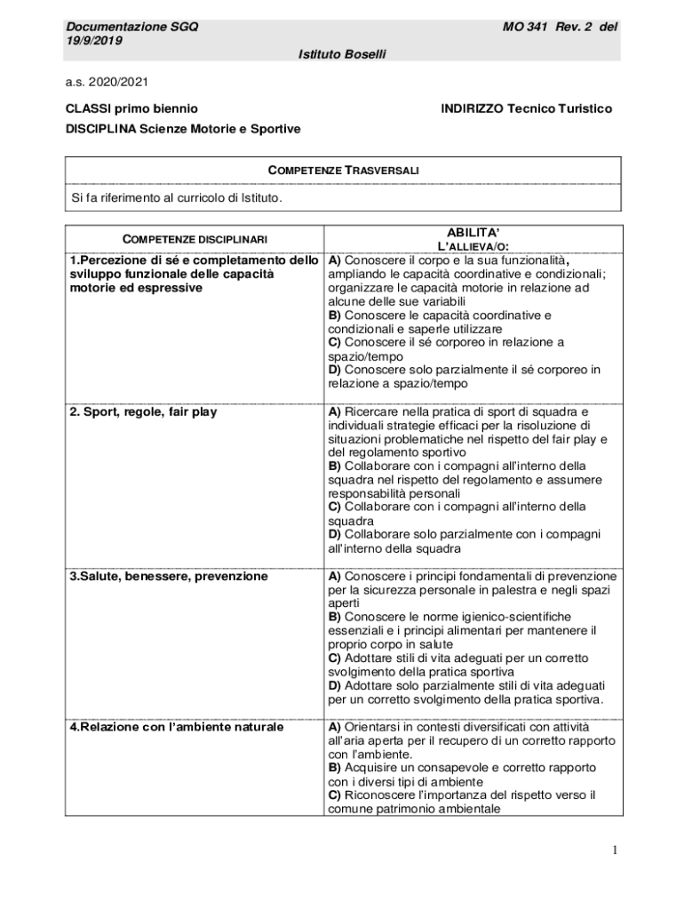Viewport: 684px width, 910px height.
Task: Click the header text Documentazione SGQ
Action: (x=131, y=27)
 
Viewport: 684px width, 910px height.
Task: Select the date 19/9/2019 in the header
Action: (x=94, y=41)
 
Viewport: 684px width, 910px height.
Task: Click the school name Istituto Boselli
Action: (x=342, y=55)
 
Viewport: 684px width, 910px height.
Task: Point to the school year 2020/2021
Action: (x=119, y=82)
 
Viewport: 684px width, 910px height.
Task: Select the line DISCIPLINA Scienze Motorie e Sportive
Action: (x=183, y=129)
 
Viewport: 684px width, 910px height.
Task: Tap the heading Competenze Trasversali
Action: (x=344, y=170)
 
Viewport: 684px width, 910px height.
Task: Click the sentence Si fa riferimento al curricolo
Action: (x=177, y=197)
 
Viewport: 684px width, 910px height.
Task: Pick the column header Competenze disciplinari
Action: (x=195, y=238)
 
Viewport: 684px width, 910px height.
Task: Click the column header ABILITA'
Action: (x=473, y=232)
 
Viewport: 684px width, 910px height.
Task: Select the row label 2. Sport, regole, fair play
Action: (x=143, y=412)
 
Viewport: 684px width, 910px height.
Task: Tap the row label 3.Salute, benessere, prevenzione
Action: (x=169, y=577)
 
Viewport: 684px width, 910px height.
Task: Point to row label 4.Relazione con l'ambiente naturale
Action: (x=177, y=727)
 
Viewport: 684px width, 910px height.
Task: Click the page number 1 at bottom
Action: (x=614, y=850)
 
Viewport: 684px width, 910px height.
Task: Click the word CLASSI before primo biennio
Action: (x=88, y=108)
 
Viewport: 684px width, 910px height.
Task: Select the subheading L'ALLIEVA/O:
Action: (x=473, y=246)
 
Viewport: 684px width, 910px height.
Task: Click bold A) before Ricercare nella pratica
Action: (x=335, y=412)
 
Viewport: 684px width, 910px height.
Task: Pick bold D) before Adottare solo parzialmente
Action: (x=335, y=686)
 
